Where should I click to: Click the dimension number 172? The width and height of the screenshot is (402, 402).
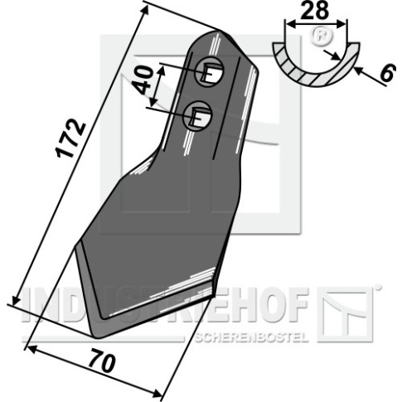click(70, 138)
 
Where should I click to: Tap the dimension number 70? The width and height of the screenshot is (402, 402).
click(102, 361)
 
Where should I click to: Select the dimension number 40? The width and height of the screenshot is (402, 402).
click(143, 80)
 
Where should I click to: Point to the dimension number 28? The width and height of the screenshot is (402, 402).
click(315, 10)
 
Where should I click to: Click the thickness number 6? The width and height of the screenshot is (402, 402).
click(388, 73)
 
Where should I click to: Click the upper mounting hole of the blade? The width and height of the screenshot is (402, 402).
click(209, 72)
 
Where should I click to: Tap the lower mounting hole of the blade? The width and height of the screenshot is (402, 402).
click(197, 115)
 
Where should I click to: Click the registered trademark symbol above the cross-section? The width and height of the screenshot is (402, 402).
click(322, 36)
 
